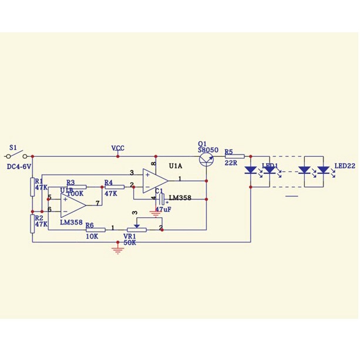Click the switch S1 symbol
[x=15, y=155]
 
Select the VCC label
[x=118, y=149]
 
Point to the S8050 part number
[x=208, y=150]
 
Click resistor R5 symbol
[x=233, y=157]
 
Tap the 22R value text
[x=230, y=164]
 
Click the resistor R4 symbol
[x=113, y=187]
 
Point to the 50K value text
[x=130, y=242]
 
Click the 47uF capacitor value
[x=163, y=209]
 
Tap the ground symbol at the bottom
[x=118, y=250]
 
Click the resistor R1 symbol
[x=33, y=187]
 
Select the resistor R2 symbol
[x=33, y=224]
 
